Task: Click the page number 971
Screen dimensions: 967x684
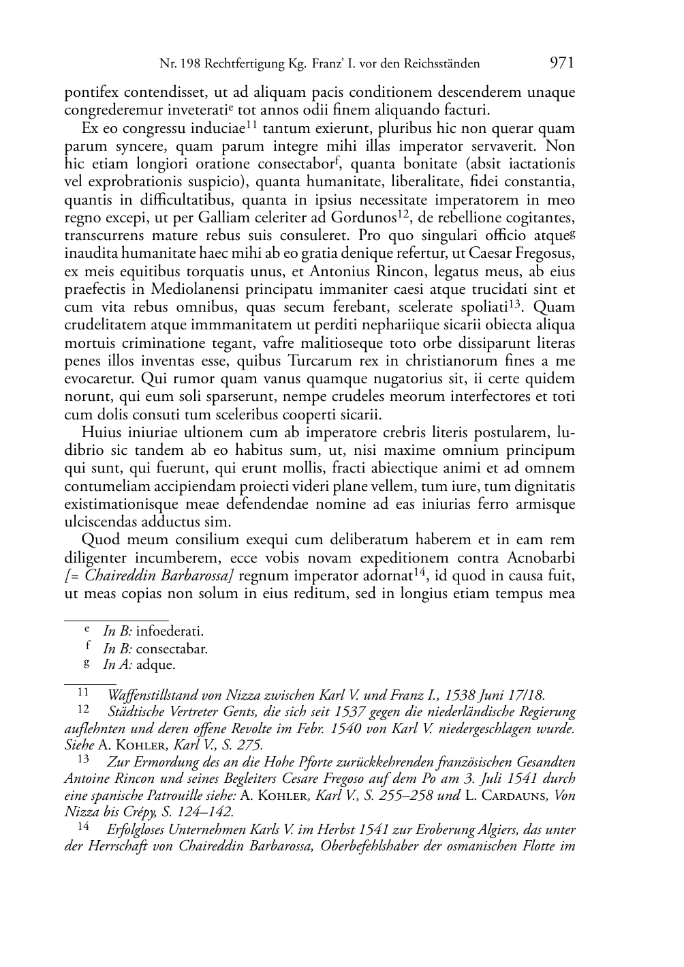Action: coord(561,63)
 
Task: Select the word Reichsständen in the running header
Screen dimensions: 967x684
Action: coord(441,64)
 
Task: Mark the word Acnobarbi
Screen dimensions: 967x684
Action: coord(540,557)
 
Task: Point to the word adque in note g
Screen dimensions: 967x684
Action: coord(155,665)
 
